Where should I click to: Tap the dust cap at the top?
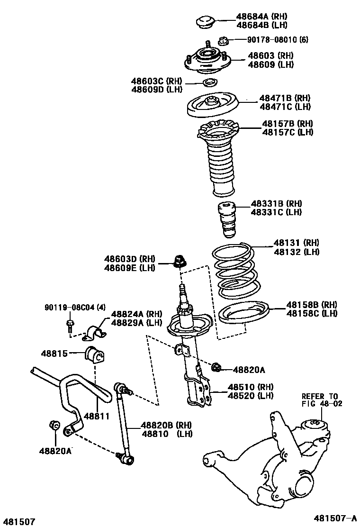pyautogui.click(x=206, y=22)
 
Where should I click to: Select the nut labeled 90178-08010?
pyautogui.click(x=225, y=39)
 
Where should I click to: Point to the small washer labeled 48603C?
pyautogui.click(x=208, y=84)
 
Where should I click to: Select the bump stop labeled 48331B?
pyautogui.click(x=226, y=220)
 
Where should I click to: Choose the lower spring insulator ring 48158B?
pyautogui.click(x=243, y=315)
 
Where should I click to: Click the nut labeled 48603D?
pyautogui.click(x=180, y=261)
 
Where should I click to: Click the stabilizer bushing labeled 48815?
pyautogui.click(x=96, y=355)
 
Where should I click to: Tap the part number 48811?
pyautogui.click(x=97, y=416)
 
